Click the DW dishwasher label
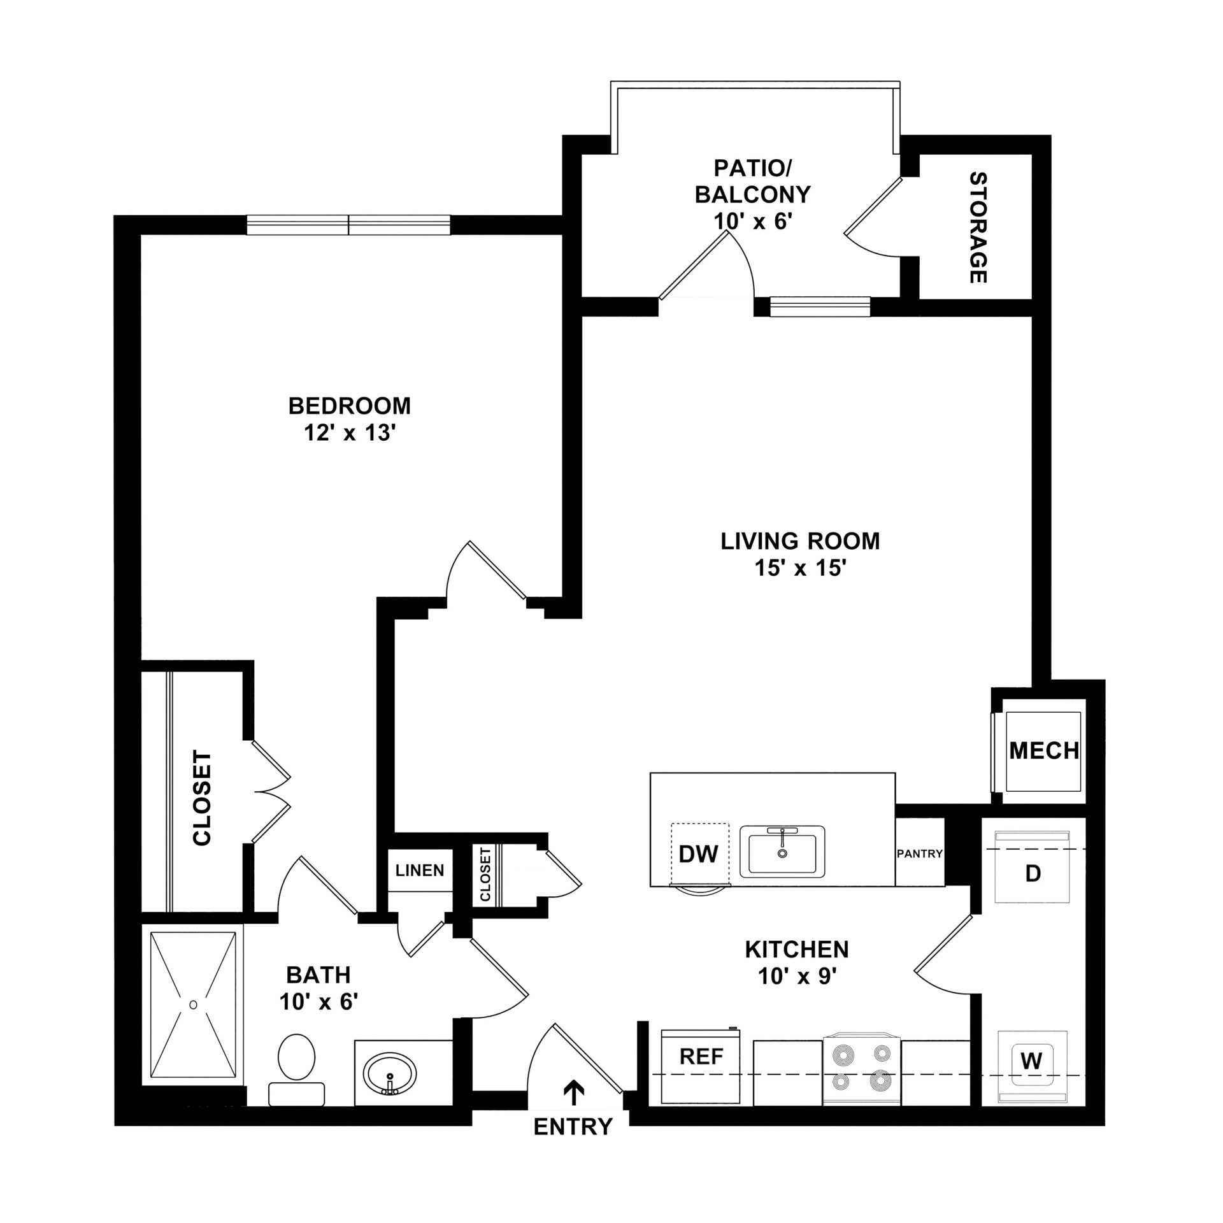point(699,854)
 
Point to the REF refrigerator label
point(701,1057)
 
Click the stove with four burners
point(862,1069)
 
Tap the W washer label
point(1031,1061)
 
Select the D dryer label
point(1033,873)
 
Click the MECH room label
point(1044,751)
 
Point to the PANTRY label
point(919,854)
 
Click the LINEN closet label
point(420,870)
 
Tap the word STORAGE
point(978,227)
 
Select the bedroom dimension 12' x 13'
point(350,433)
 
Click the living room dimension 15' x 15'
point(800,568)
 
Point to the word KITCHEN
point(797,967)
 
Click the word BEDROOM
point(350,406)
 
